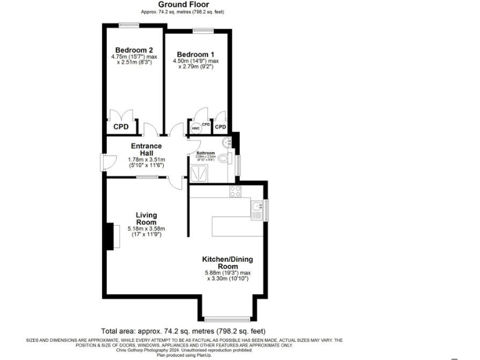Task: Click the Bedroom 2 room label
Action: pos(134,50)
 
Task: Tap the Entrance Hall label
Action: pos(146,150)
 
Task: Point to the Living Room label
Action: pos(146,219)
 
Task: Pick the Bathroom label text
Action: pos(206,153)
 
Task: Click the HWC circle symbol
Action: pos(195,127)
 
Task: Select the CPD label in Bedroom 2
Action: pos(121,127)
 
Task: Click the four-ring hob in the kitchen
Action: pos(236,191)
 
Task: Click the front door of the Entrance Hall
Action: pos(104,161)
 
